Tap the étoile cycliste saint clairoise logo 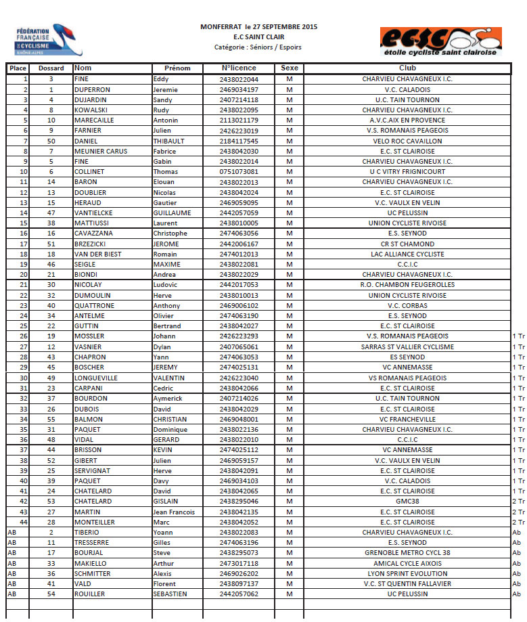click(x=440, y=41)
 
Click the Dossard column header click(x=51, y=68)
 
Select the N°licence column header click(x=239, y=68)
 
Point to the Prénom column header click(x=177, y=68)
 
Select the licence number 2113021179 click(x=239, y=120)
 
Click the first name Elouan click(x=164, y=182)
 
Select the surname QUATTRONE click(x=94, y=305)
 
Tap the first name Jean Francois click(x=175, y=512)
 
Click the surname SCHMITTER click(x=93, y=573)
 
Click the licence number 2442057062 click(x=239, y=594)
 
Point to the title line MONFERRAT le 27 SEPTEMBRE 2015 click(x=259, y=26)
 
